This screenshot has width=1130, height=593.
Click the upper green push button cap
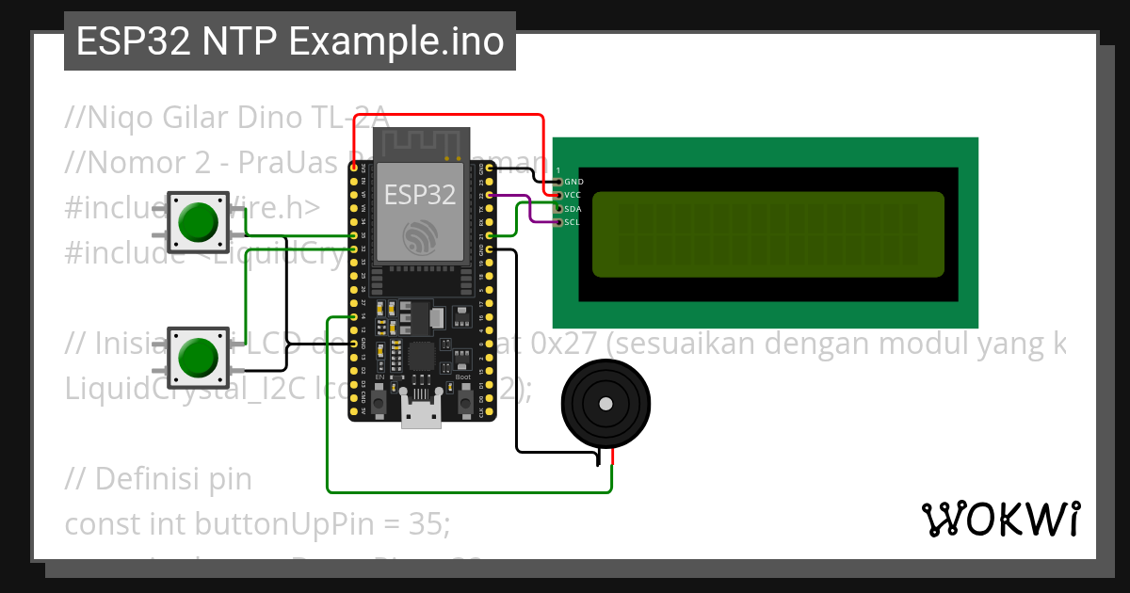198,221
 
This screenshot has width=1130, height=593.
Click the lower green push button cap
198,357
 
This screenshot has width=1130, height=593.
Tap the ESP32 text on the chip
420,194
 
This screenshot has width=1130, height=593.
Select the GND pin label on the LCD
573,181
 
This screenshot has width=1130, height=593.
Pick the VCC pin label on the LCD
573,194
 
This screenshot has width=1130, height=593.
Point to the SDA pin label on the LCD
573,208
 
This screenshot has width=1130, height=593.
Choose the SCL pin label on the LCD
573,222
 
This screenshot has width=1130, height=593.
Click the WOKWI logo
1000,519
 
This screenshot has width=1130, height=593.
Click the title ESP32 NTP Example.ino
289,42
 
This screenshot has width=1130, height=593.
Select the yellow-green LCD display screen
767,234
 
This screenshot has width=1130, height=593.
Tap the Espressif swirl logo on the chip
420,234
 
